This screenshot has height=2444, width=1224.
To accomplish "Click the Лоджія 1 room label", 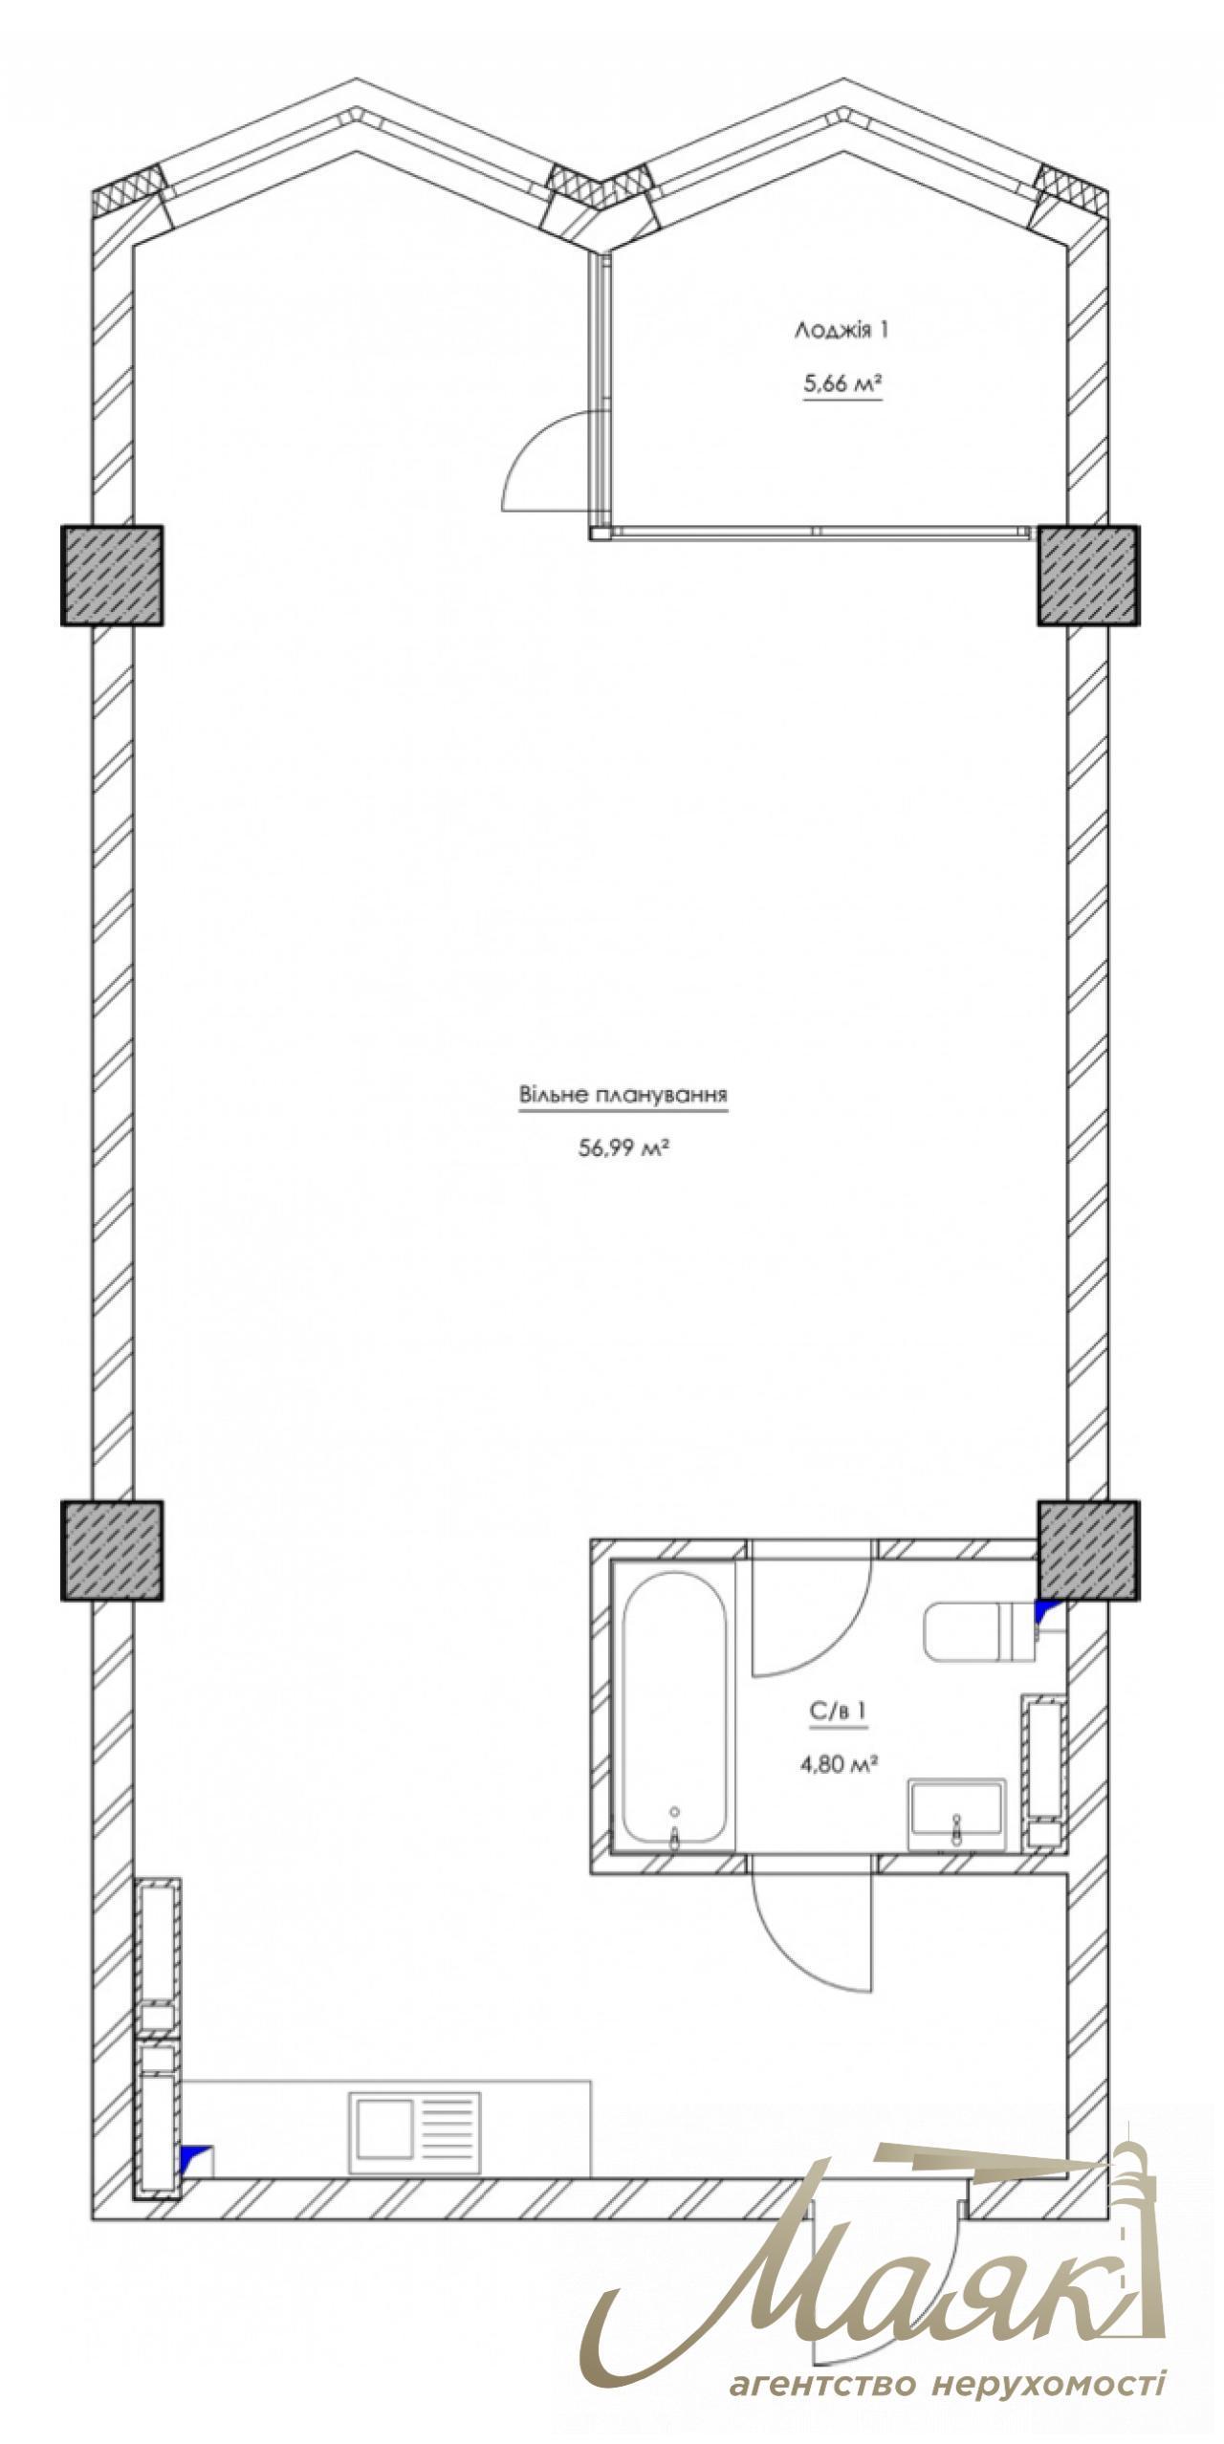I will click(841, 331).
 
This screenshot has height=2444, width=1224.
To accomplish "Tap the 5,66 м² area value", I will click(841, 385).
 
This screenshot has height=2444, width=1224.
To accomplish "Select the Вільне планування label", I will click(623, 1094).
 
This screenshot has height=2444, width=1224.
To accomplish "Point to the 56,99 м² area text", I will click(623, 1148).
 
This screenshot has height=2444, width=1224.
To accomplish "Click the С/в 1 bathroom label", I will click(840, 1713).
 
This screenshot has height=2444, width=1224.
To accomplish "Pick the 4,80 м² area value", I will click(840, 1764).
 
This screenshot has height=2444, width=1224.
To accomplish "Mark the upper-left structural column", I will click(112, 576).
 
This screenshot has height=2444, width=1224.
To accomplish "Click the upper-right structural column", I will click(1088, 576).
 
